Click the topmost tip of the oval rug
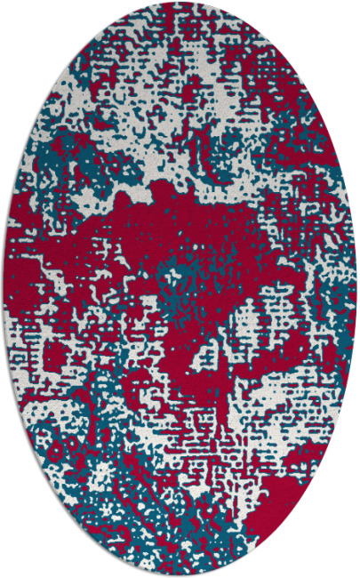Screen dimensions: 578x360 tap(180, 4)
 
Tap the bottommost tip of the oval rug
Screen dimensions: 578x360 tap(180, 574)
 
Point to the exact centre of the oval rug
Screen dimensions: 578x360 tap(180, 289)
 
